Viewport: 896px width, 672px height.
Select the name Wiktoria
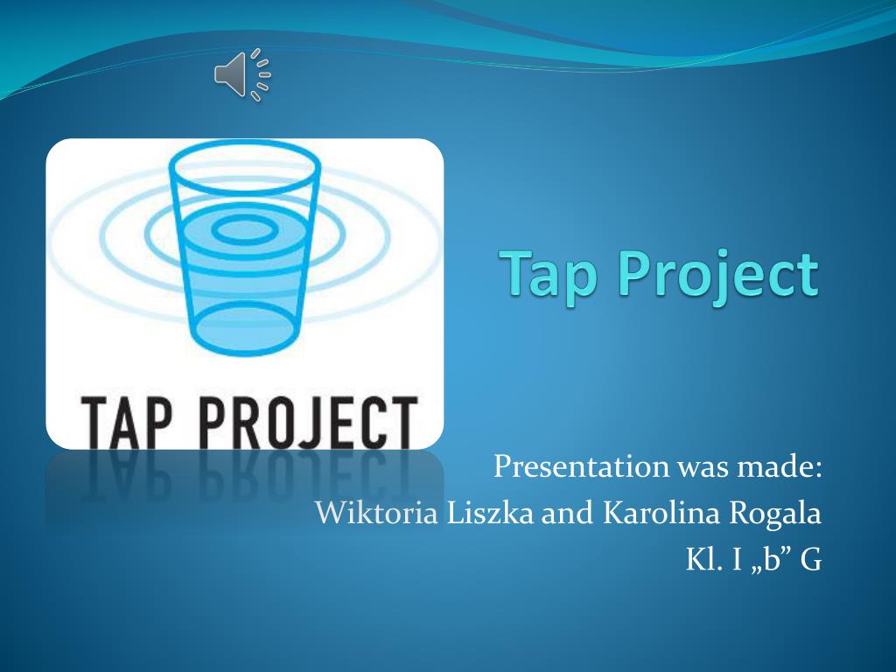click(377, 513)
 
